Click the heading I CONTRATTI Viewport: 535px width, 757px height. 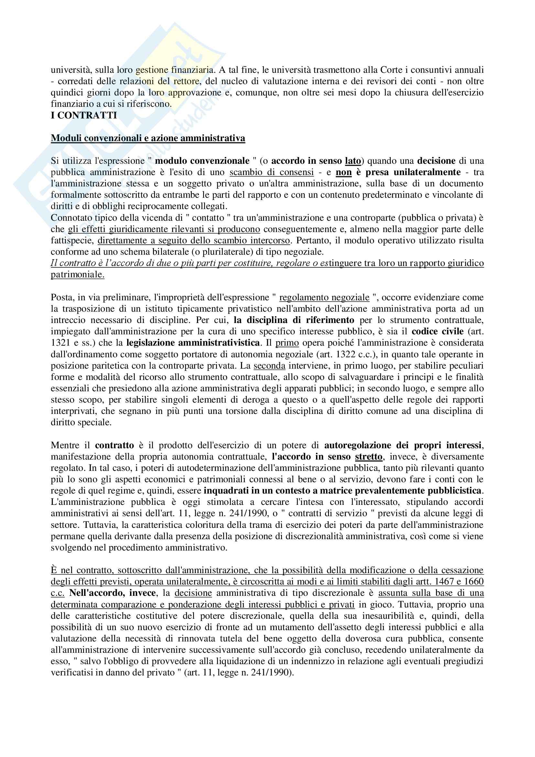point(84,116)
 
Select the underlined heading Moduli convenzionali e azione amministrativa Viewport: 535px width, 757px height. point(148,138)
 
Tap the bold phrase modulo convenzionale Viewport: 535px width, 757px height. point(202,161)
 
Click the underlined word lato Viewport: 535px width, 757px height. point(353,161)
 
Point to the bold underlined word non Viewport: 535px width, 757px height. point(344,172)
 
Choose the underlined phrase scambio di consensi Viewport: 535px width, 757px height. point(271,172)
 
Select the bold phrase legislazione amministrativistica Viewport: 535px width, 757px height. point(193,342)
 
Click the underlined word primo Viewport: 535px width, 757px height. point(287,342)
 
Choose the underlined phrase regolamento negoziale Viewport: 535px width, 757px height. point(324,297)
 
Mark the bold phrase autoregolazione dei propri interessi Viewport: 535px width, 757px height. point(403,445)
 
